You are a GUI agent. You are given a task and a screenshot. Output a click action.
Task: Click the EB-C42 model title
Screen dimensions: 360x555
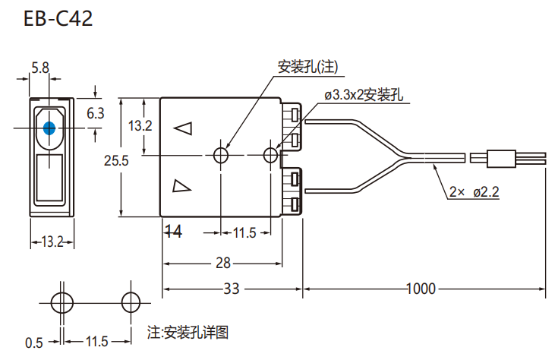click(x=58, y=19)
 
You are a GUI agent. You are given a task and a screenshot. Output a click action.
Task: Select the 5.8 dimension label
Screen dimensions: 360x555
click(x=40, y=68)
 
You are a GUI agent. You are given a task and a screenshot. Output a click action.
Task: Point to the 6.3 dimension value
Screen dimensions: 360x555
click(x=96, y=113)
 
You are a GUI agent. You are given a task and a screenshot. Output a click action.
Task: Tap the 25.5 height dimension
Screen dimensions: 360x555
click(x=116, y=160)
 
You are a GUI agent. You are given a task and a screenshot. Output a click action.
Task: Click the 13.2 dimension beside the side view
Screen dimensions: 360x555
click(x=140, y=125)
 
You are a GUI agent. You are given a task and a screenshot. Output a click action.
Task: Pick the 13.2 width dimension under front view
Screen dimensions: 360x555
click(x=51, y=242)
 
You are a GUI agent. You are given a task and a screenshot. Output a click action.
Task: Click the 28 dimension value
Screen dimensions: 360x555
click(x=222, y=263)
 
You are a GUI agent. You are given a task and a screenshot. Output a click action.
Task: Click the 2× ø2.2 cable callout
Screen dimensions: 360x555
click(x=474, y=192)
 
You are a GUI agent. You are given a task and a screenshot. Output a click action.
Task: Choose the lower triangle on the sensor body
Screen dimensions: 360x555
click(x=181, y=186)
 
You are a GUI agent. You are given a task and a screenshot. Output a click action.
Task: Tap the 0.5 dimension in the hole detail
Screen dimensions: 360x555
click(x=33, y=343)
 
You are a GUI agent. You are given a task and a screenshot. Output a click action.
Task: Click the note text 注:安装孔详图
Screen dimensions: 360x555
click(x=188, y=332)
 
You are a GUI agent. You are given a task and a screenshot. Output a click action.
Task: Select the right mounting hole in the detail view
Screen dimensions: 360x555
click(x=130, y=301)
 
